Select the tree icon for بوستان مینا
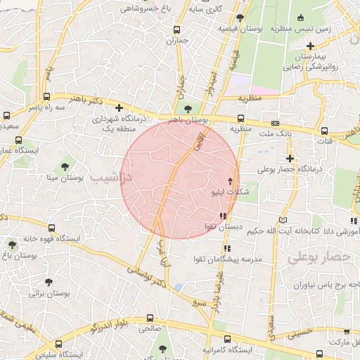65,167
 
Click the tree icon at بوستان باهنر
187,108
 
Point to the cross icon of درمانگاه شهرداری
119,108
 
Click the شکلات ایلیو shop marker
229,181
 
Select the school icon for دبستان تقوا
223,217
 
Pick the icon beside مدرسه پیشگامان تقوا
226,248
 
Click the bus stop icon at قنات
323,130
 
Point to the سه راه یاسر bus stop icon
46,97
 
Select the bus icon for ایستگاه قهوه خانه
52,228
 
